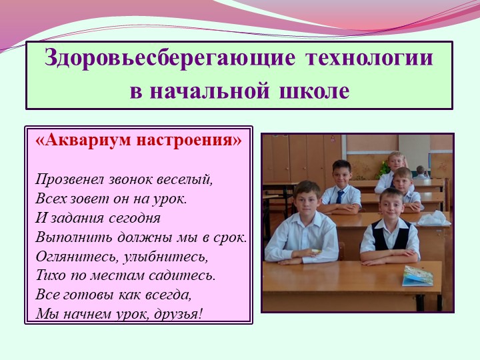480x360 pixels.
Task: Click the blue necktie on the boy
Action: tap(340, 196)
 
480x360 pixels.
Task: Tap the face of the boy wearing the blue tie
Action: tap(342, 173)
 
